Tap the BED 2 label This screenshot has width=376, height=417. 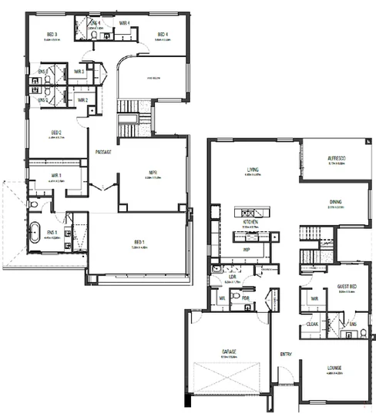point(56,133)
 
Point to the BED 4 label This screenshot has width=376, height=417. point(163,34)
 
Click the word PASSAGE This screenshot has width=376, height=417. point(103,152)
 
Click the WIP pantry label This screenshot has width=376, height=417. point(247,250)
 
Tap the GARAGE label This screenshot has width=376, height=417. point(230,351)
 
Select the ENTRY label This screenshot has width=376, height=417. point(286,354)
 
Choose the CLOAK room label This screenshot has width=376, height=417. point(313,325)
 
